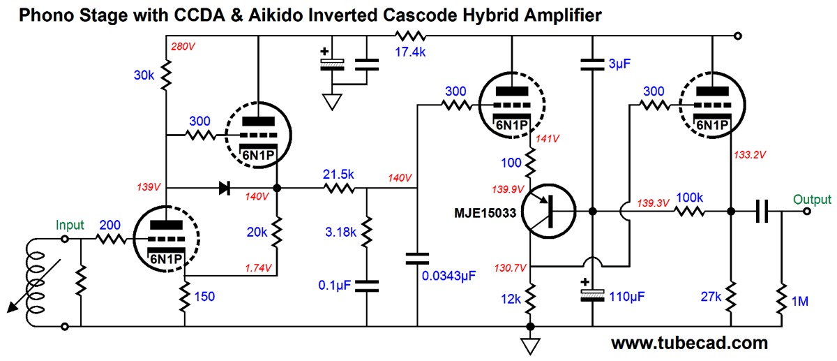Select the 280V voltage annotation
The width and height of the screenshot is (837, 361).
[x=182, y=47]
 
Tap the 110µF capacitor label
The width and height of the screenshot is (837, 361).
[x=626, y=295]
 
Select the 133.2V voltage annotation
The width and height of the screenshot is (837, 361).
[x=749, y=154]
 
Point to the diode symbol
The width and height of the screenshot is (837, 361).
[x=225, y=187]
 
